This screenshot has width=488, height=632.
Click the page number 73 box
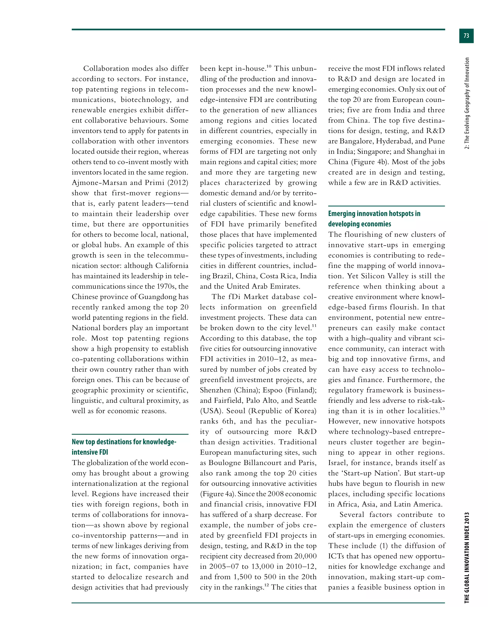466,36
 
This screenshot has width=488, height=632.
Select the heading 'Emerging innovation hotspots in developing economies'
374,218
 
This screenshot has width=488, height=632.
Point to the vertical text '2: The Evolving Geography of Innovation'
467,103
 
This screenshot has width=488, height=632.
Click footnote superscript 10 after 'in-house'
269,67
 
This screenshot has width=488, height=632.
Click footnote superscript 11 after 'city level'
314,326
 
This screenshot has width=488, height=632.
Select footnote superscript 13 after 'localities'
442,409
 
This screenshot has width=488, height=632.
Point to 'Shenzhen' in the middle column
215,390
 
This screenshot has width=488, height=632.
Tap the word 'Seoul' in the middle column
236,411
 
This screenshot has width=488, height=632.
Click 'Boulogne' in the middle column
226,463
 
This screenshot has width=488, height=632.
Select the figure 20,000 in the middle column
305,556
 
